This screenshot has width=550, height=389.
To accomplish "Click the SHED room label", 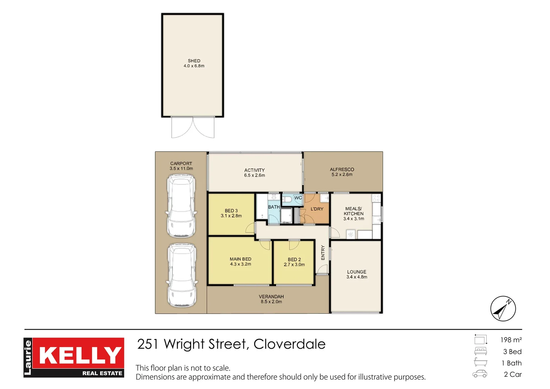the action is (194, 61).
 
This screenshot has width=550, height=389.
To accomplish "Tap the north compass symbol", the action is (503, 308).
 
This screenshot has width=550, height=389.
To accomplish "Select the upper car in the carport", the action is (181, 206).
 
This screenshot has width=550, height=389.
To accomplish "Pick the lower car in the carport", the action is (182, 275).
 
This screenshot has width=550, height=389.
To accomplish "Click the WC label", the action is (298, 198).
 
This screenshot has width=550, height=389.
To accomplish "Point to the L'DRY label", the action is (317, 209).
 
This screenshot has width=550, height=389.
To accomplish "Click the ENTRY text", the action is (323, 252).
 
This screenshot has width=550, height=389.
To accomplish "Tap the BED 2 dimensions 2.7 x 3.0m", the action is (294, 265).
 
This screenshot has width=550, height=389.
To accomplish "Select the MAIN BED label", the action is (240, 259).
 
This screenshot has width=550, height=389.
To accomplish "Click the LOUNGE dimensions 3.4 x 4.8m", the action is (357, 277).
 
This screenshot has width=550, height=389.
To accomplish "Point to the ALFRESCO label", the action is (342, 169).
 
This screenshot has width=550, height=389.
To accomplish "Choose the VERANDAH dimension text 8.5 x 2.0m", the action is (271, 301).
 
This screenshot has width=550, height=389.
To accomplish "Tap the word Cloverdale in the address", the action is (289, 344).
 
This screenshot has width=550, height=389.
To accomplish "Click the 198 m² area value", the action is (511, 340).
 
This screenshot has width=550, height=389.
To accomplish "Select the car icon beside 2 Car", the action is (480, 374).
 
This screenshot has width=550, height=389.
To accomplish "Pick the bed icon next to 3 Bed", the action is (481, 351).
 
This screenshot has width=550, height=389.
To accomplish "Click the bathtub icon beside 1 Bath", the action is (481, 362).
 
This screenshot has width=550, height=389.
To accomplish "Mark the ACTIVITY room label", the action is (254, 170).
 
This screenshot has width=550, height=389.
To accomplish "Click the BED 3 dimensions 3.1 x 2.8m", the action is (231, 216).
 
